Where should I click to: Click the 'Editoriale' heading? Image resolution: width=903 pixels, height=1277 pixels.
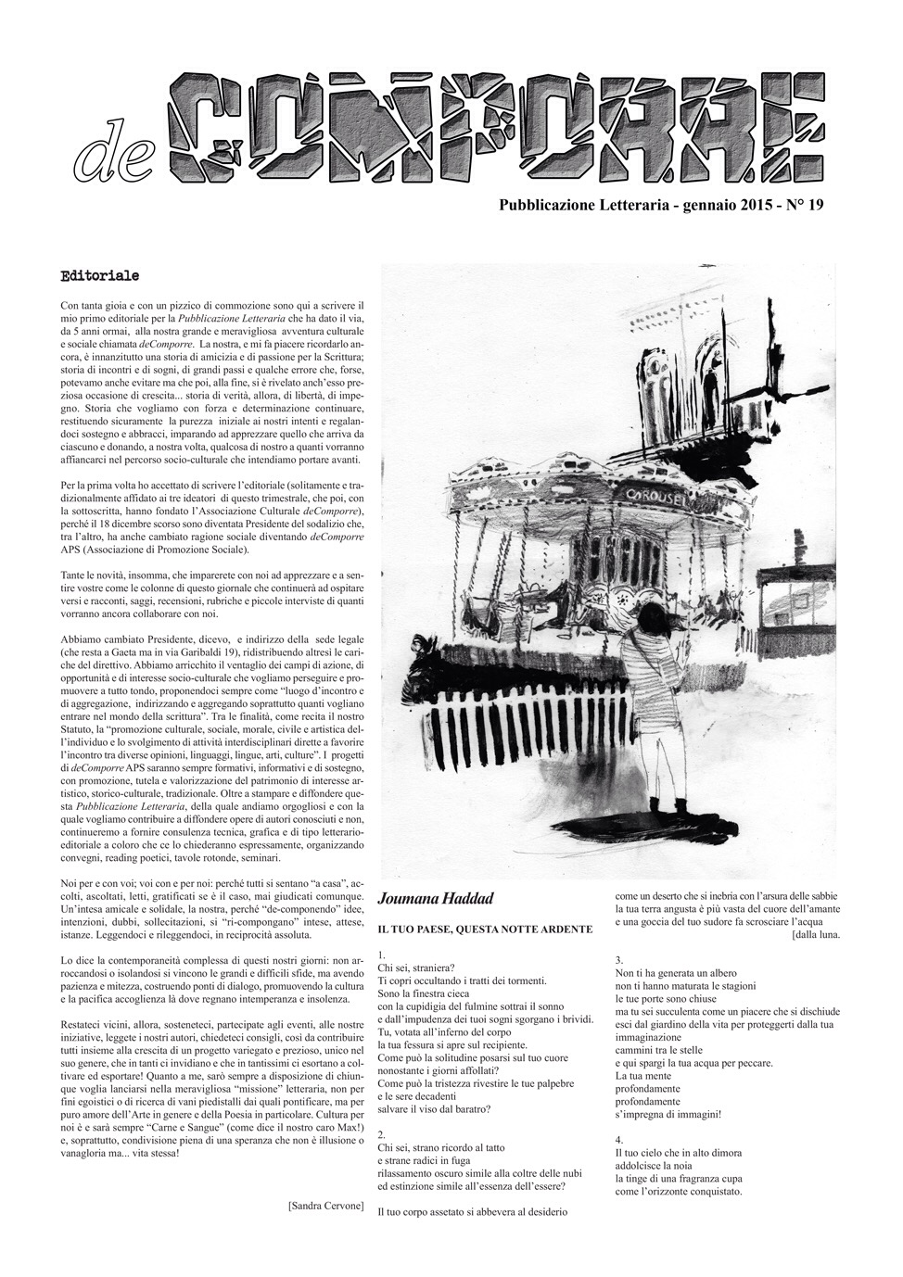[99, 276]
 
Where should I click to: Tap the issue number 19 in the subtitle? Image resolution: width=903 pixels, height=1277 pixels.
[814, 207]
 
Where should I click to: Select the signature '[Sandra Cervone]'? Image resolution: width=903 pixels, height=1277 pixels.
[326, 1207]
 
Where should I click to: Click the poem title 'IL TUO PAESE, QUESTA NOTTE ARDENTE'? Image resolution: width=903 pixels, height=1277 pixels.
[485, 929]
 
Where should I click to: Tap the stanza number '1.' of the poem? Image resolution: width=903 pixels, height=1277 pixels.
[382, 955]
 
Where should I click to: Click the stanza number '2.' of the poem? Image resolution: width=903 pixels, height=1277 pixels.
[382, 1133]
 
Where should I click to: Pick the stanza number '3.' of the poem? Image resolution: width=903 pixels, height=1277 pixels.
[619, 960]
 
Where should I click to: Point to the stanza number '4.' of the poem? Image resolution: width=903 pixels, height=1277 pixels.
[619, 1139]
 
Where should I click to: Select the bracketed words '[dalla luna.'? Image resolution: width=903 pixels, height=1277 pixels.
[816, 935]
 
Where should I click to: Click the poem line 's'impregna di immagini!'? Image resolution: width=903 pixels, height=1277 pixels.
[668, 1114]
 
